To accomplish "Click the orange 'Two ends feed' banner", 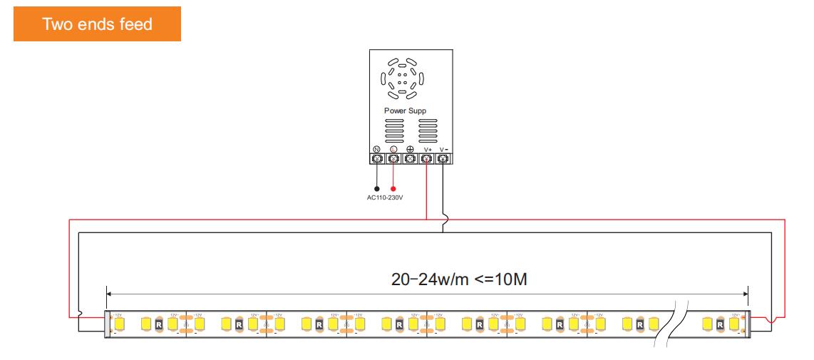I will coord(98,24).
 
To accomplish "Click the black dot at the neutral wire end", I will coord(376,190).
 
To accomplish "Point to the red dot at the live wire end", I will coord(393,190).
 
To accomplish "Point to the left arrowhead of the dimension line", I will coord(108,292).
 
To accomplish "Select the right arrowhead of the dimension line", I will coord(746,292).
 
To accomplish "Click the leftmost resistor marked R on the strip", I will coord(159,324).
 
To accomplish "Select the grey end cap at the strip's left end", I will coord(108,324).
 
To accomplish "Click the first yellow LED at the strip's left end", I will coord(120,324).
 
